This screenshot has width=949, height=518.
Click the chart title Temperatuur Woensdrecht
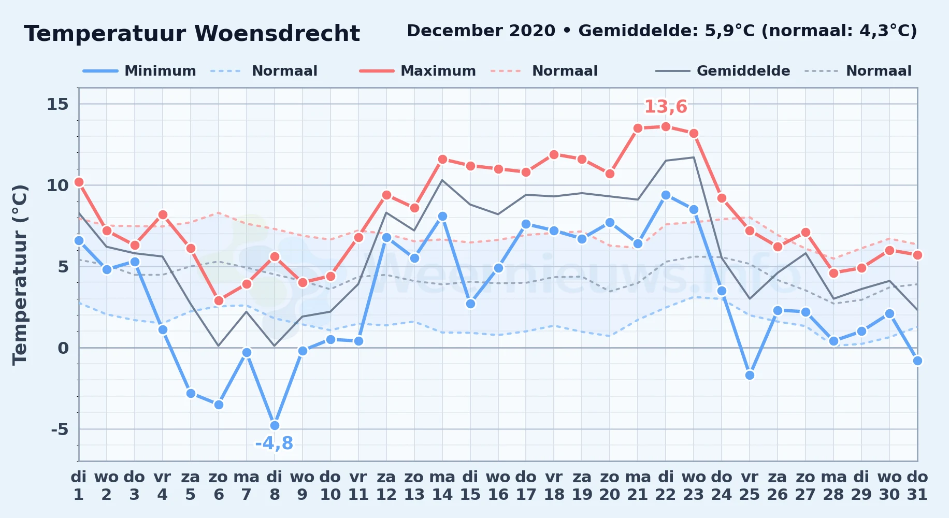[192, 34]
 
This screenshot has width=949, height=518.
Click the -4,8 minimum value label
[274, 443]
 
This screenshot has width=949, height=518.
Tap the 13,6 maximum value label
[666, 107]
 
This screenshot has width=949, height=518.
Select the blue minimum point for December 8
[275, 425]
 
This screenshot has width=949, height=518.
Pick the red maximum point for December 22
[666, 126]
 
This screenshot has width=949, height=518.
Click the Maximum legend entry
[418, 71]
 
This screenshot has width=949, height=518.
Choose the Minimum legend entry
[139, 71]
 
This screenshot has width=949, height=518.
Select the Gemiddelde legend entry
[723, 71]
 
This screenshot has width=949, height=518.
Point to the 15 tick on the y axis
[57, 104]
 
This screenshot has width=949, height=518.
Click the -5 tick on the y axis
[60, 429]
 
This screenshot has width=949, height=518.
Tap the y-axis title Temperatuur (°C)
[20, 275]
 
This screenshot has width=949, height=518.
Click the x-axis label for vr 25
[750, 485]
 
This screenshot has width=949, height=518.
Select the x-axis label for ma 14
[442, 485]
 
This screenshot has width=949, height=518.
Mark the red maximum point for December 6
[219, 300]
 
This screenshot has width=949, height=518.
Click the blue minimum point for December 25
[750, 375]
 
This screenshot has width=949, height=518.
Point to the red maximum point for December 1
[79, 182]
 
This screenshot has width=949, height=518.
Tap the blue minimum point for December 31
[917, 361]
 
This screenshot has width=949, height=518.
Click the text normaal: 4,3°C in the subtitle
[842, 31]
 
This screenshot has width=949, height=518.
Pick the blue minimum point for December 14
[442, 216]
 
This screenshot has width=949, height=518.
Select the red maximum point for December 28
[833, 273]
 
